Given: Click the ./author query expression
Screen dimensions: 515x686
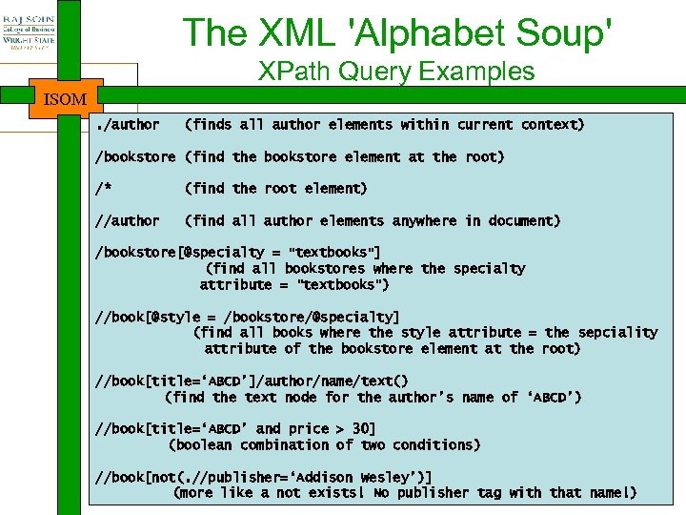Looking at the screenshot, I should [x=128, y=125].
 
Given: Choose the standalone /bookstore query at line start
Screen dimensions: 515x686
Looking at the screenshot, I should [x=135, y=156].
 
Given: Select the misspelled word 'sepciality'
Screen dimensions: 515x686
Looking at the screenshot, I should [x=617, y=333].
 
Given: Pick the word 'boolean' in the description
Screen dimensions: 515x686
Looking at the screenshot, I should [x=203, y=445].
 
